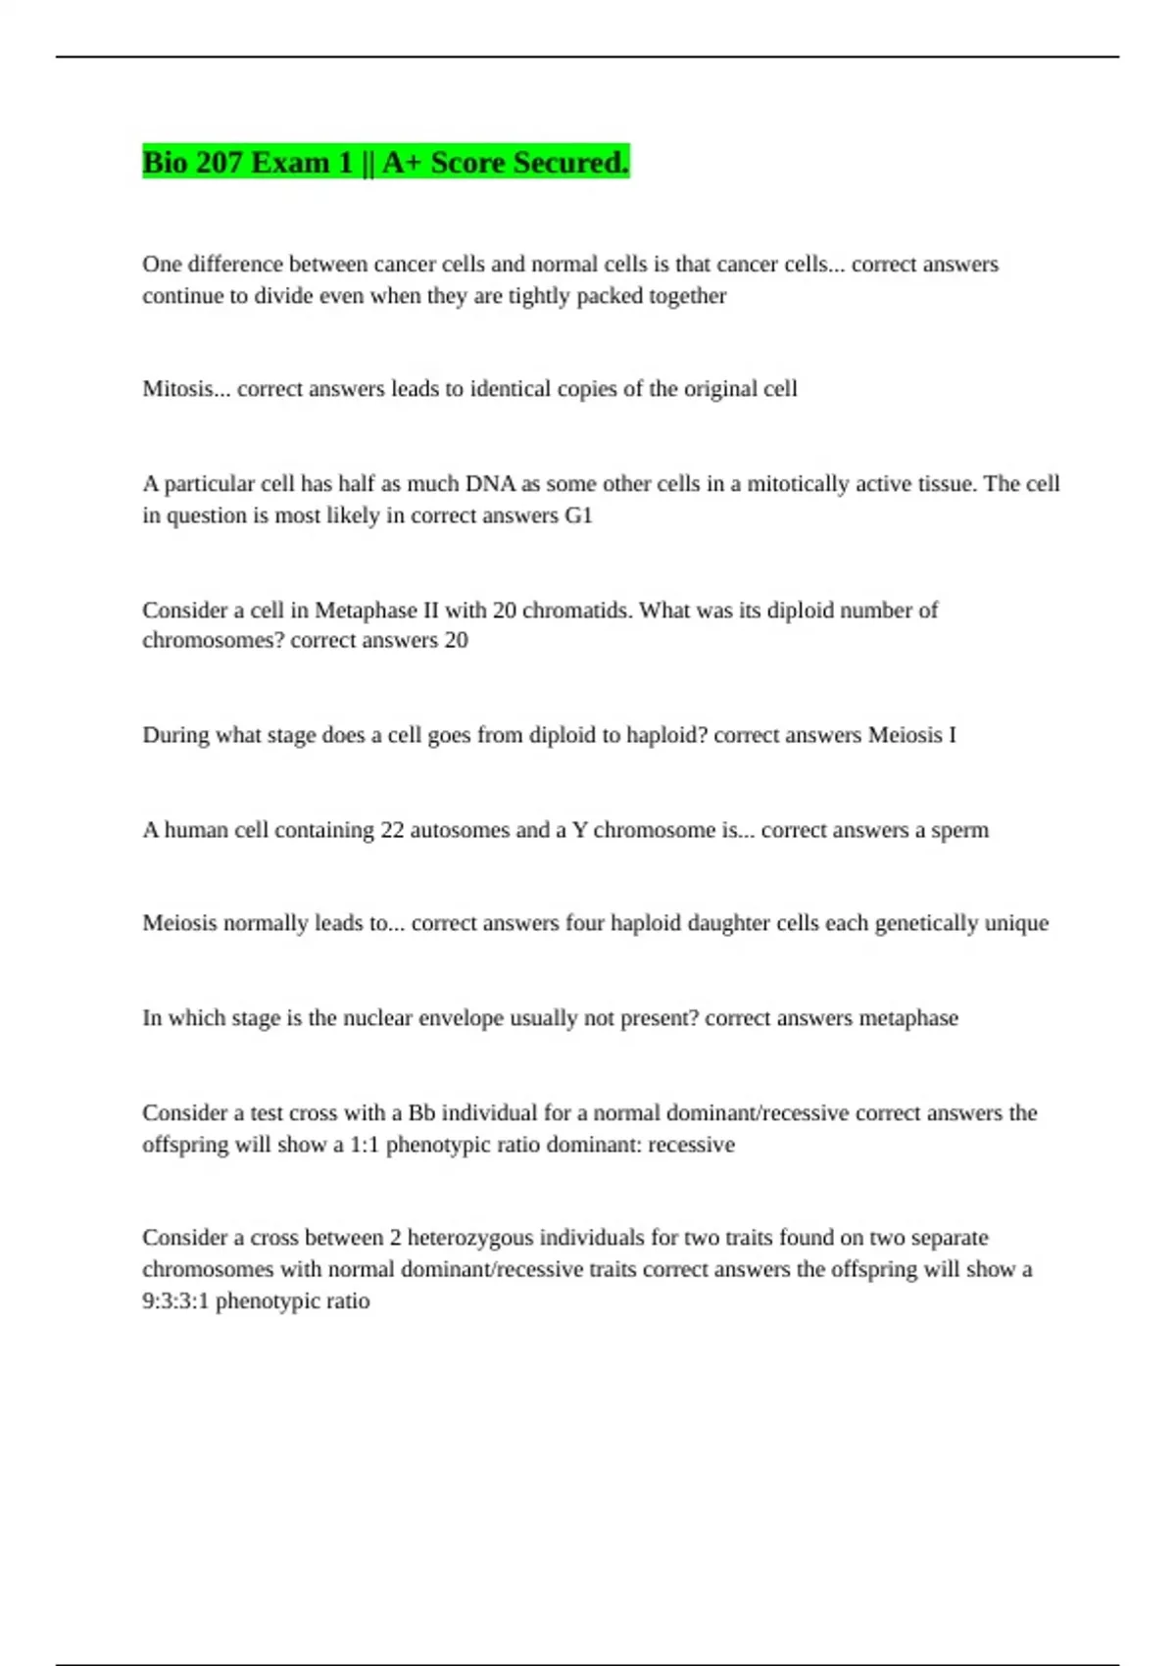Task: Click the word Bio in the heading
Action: click(x=165, y=162)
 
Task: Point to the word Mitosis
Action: click(x=178, y=389)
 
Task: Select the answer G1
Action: click(x=579, y=515)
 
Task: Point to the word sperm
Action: click(x=959, y=830)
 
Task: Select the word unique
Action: click(x=1016, y=923)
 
